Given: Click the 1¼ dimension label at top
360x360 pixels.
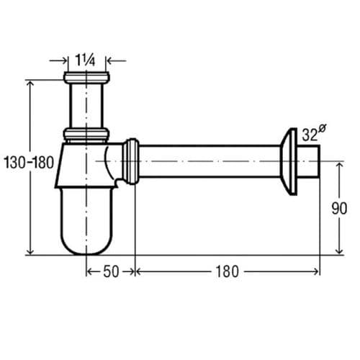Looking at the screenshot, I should (x=86, y=60).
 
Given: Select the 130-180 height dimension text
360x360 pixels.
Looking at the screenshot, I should (x=28, y=162).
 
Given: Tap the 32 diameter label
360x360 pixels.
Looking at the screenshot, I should (x=310, y=135).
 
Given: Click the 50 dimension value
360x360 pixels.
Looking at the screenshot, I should (x=111, y=271).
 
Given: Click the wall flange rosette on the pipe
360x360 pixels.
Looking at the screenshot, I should (x=291, y=162).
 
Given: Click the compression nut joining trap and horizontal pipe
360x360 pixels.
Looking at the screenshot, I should (x=130, y=162).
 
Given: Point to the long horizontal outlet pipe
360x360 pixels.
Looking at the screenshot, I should (x=209, y=162).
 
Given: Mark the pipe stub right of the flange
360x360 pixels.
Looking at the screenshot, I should (x=311, y=162).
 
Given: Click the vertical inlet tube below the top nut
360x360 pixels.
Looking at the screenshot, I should (x=86, y=105).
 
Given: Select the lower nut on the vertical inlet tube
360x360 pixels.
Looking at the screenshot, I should (x=86, y=134).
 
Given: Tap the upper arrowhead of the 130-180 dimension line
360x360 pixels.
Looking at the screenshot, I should (x=30, y=83).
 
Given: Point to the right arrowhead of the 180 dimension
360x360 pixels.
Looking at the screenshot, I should (x=317, y=271).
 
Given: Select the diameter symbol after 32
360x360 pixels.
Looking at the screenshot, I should (x=322, y=129).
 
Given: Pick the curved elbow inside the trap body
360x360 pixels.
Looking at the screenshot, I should (x=109, y=162).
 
